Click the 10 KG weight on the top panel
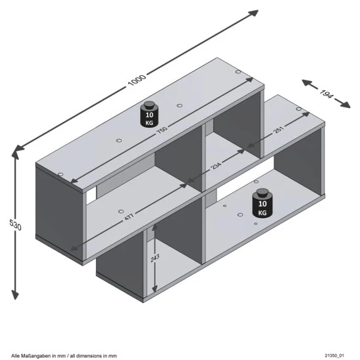click(151, 115)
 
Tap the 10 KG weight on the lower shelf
click(262, 204)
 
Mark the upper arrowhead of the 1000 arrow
click(254, 12)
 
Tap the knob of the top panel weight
click(151, 104)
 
